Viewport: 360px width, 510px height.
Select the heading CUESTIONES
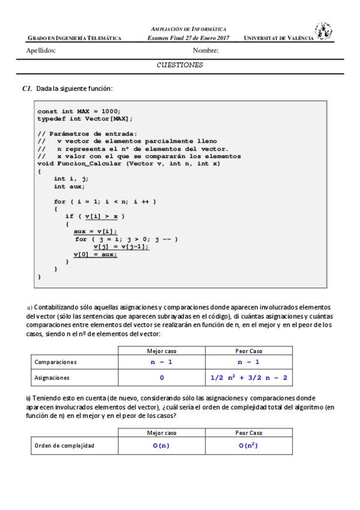coord(180,65)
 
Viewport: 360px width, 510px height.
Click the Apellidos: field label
coord(41,51)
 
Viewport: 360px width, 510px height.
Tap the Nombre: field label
coord(206,51)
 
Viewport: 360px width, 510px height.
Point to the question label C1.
coord(26,89)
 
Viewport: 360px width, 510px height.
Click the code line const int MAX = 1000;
coord(79,111)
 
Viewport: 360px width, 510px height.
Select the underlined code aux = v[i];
coord(96,232)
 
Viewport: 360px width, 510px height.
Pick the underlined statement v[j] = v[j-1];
coord(121,247)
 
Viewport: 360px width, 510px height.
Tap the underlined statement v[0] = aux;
coord(96,254)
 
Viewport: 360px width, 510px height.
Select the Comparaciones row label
coord(56,363)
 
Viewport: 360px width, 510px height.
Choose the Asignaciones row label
coord(52,378)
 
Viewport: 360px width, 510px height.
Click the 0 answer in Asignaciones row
coord(162,378)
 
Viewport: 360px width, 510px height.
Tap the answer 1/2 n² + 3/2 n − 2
coord(249,378)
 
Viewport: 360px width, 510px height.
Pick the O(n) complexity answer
coord(162,446)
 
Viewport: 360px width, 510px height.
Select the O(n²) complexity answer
coord(249,446)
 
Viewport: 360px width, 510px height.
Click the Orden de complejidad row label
coord(64,446)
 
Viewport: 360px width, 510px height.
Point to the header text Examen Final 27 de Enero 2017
coord(188,38)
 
